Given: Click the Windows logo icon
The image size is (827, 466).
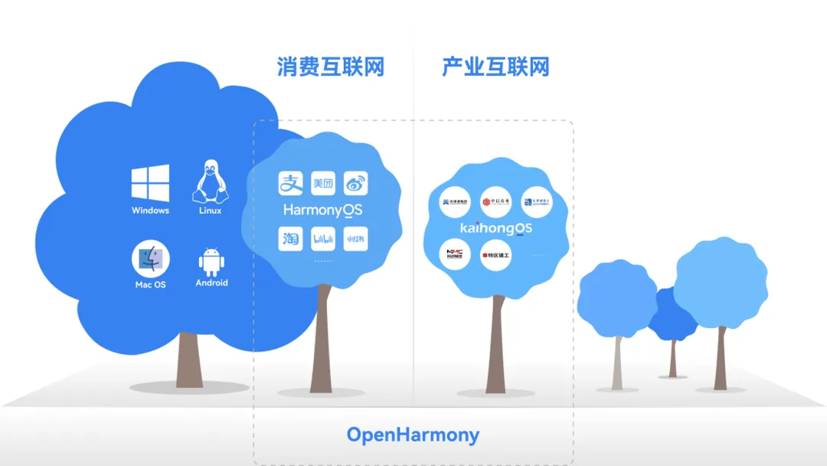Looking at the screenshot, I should click(x=150, y=183).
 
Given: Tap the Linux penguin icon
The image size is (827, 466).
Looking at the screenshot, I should click(x=209, y=182).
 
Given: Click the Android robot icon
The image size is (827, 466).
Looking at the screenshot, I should click(x=211, y=261).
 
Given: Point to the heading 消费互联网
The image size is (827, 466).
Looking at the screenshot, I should click(x=330, y=67).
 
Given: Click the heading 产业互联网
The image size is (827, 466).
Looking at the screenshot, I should click(x=495, y=67).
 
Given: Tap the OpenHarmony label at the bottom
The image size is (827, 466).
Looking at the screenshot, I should click(x=413, y=435).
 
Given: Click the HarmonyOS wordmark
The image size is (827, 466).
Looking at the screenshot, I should click(x=322, y=209).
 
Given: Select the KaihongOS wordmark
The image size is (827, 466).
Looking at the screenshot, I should click(x=496, y=228).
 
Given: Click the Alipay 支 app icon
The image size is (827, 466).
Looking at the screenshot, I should click(x=290, y=183).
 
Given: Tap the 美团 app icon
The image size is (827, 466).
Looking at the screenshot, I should click(x=323, y=183).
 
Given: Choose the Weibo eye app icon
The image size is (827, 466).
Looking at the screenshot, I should click(x=355, y=183).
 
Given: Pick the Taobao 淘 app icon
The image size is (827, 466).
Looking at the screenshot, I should click(x=290, y=239).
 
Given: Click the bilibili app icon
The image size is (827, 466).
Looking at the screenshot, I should click(x=323, y=239).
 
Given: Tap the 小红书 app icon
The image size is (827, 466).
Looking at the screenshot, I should click(x=355, y=239).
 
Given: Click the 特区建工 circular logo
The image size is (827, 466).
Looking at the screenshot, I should click(x=495, y=255).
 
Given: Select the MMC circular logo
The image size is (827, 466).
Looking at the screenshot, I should click(x=455, y=255).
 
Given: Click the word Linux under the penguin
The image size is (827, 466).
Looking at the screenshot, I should click(x=209, y=211).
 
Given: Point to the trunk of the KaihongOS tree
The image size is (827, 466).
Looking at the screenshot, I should click(x=496, y=345).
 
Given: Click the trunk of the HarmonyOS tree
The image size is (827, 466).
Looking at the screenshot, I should click(x=322, y=337).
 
